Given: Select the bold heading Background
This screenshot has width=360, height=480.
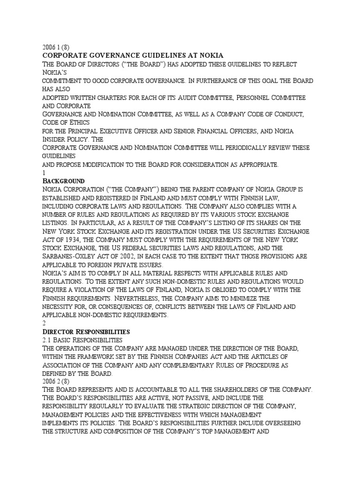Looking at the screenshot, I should coord(63,180).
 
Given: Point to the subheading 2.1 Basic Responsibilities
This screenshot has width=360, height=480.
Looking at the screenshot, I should coord(82,339).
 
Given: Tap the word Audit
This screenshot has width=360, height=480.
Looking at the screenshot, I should coord(198,97).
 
